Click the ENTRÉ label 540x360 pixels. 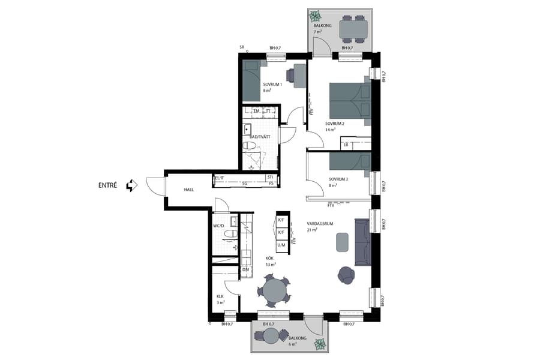click(x=108, y=185)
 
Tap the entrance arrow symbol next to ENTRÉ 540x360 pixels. click(x=131, y=185)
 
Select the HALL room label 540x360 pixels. click(x=189, y=190)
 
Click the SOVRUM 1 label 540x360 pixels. click(x=272, y=85)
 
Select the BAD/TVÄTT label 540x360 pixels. click(x=260, y=137)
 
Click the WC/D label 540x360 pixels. click(x=218, y=226)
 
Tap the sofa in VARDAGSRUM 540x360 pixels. click(x=363, y=242)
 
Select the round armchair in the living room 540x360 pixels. click(x=346, y=274)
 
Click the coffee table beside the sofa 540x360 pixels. click(x=342, y=242)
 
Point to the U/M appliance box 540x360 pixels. click(x=281, y=245)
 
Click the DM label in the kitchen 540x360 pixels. click(x=245, y=270)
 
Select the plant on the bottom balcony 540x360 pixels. click(x=320, y=344)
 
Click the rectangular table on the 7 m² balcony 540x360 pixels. click(x=352, y=28)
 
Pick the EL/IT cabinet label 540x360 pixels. click(x=220, y=178)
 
